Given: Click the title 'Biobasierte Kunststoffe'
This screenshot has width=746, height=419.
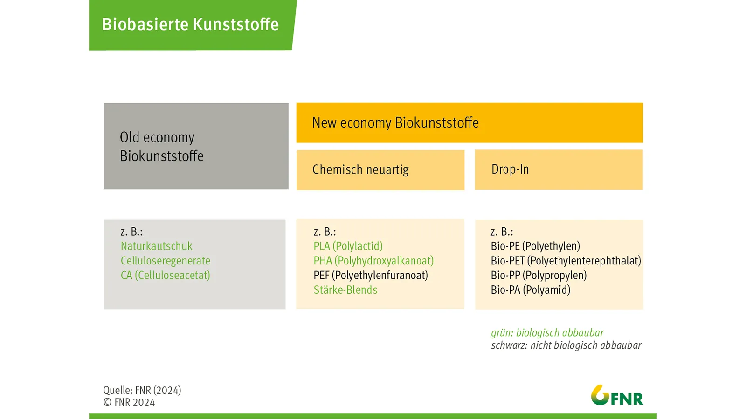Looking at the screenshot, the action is (x=190, y=24).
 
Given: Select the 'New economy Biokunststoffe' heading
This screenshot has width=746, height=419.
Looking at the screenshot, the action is (x=395, y=123).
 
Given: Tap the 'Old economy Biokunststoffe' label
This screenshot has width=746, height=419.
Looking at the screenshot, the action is (x=161, y=147).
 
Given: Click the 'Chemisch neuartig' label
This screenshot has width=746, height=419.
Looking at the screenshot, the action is (x=360, y=169).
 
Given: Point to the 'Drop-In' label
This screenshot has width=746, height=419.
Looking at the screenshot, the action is (x=510, y=169).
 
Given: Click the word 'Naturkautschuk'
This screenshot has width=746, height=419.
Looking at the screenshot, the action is (x=157, y=246).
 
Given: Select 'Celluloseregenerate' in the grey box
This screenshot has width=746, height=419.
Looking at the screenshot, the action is (x=166, y=261).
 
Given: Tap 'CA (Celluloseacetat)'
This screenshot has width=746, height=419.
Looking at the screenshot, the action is (x=165, y=275).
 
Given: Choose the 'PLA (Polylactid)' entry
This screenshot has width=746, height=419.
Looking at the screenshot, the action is (x=348, y=246).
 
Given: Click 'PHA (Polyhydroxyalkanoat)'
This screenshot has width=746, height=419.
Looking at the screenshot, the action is (x=373, y=261).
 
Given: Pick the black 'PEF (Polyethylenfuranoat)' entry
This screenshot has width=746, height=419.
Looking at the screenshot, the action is (x=371, y=275).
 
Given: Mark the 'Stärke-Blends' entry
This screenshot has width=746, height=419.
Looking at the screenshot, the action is (x=345, y=290).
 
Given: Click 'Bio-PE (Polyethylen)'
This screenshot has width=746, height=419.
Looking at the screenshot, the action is (x=535, y=246).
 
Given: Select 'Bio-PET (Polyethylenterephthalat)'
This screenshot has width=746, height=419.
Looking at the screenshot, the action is (x=566, y=261).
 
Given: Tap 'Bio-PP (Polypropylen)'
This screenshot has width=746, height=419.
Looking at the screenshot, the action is (x=539, y=275).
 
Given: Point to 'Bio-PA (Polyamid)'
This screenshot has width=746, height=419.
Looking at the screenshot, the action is (x=531, y=290).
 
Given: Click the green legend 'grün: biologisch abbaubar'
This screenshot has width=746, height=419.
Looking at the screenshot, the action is (x=547, y=333).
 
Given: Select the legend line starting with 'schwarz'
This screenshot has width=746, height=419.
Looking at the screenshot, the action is (x=566, y=345).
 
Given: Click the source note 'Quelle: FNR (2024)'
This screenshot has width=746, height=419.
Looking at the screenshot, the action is (x=142, y=391).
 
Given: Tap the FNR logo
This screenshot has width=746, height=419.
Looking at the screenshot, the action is (x=617, y=395).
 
